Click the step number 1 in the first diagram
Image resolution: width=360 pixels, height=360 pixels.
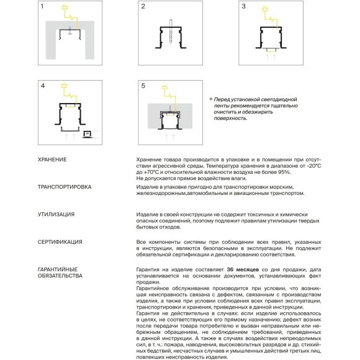(42, 6)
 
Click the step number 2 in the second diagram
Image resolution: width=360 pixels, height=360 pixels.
(143, 6)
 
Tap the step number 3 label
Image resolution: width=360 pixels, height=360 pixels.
(243, 6)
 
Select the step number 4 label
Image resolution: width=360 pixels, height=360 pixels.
(43, 86)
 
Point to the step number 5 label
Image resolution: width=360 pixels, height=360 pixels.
(143, 86)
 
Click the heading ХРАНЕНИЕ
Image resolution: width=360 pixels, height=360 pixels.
(52, 160)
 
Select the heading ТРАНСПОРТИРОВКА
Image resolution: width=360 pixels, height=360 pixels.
(65, 187)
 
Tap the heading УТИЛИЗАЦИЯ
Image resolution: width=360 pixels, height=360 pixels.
(56, 214)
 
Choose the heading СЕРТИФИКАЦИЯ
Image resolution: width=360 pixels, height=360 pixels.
(60, 242)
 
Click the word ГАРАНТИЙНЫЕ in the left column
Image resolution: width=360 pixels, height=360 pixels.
(58, 269)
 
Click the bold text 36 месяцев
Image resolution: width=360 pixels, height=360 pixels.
(243, 269)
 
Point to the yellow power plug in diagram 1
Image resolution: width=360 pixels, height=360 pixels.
(65, 7)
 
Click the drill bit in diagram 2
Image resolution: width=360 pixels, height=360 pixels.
(171, 31)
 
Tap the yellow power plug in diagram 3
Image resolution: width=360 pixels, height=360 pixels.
(265, 9)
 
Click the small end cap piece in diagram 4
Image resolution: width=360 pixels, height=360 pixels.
(88, 134)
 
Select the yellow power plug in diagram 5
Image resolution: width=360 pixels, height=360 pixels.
(165, 88)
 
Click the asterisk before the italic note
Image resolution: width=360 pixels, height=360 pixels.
(211, 99)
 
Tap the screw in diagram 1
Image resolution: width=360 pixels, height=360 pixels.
(70, 31)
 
